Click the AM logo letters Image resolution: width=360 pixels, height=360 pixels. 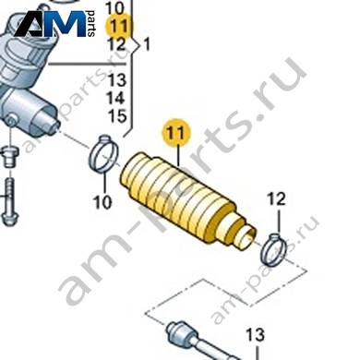[50, 24]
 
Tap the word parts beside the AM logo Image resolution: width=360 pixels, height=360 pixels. [91, 24]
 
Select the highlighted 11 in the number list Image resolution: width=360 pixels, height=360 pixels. [118, 26]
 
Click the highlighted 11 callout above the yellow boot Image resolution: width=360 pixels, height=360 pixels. [176, 134]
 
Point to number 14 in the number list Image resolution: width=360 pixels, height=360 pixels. [116, 99]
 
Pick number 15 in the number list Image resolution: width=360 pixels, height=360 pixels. [117, 116]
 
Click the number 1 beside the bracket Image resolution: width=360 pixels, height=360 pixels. [147, 45]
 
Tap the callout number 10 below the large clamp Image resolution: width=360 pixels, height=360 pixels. [102, 202]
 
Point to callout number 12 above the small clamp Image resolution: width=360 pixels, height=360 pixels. [277, 199]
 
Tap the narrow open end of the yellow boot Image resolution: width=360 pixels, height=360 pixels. [246, 237]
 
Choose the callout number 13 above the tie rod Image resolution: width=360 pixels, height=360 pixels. [256, 334]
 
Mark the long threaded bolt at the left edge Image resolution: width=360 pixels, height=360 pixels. [10, 201]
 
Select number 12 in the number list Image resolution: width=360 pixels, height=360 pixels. [116, 44]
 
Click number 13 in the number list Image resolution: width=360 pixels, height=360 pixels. [116, 80]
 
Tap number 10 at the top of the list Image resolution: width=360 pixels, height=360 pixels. [114, 8]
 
